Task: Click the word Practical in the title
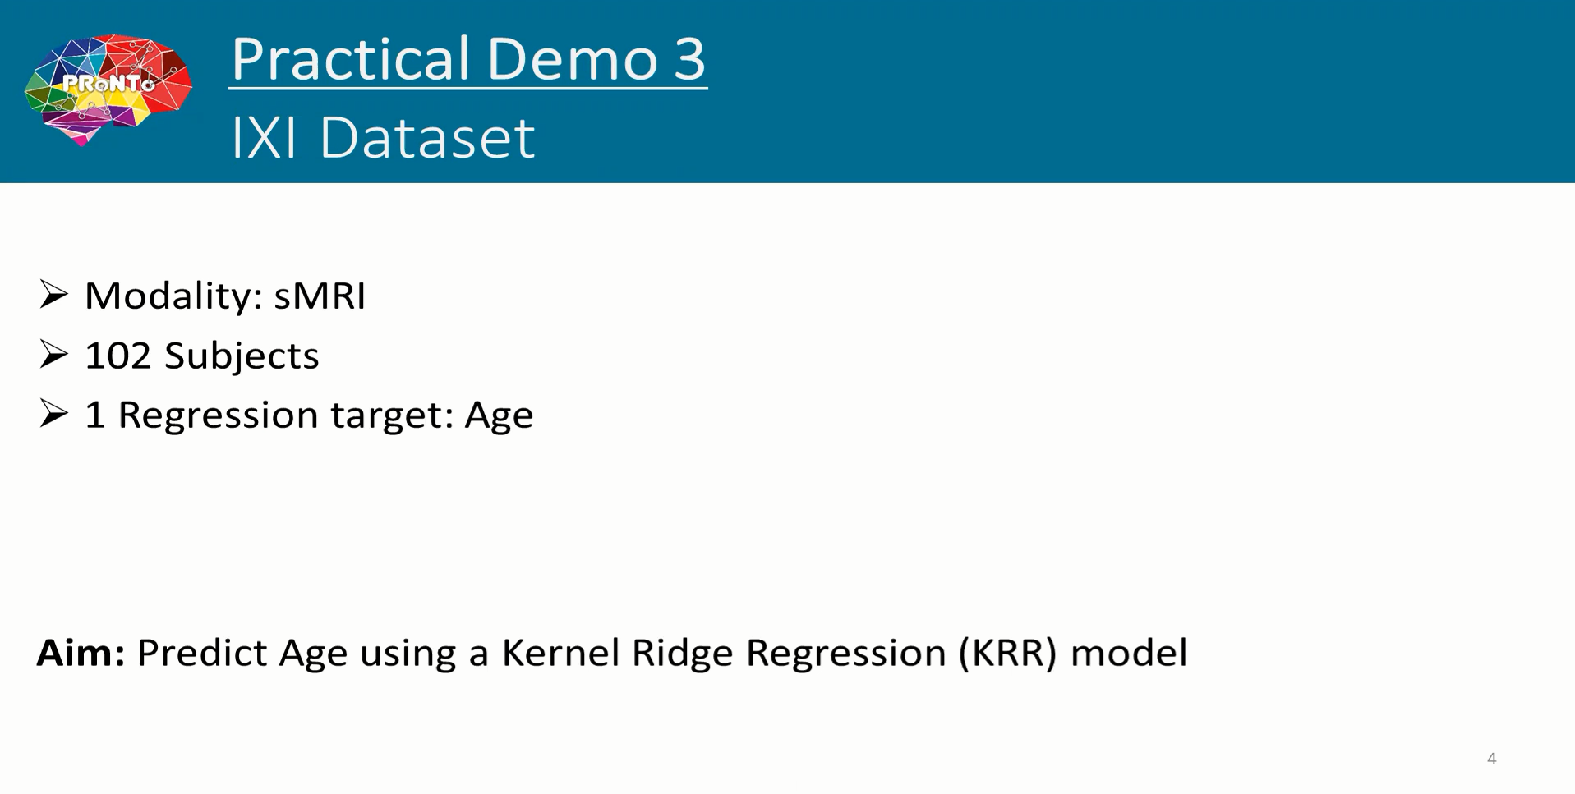[x=350, y=59]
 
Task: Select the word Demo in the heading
[x=571, y=59]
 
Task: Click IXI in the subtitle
[x=264, y=137]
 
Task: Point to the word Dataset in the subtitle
[x=427, y=137]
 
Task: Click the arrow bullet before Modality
[x=53, y=295]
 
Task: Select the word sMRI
[x=320, y=296]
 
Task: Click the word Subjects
[x=242, y=356]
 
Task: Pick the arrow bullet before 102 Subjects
[x=53, y=355]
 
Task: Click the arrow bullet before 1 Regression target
[x=53, y=414]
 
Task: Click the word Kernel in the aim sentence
[x=560, y=653]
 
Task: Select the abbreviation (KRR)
[x=1007, y=654]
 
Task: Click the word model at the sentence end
[x=1129, y=653]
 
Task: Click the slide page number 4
[x=1492, y=759]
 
